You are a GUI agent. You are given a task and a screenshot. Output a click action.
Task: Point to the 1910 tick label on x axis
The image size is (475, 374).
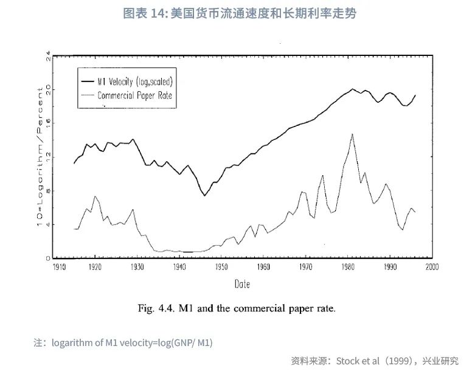[x=60, y=267]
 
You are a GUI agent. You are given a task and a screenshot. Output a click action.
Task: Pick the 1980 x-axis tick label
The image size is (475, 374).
[x=348, y=267]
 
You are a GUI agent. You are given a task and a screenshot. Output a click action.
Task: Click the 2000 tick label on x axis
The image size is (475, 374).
[x=432, y=267]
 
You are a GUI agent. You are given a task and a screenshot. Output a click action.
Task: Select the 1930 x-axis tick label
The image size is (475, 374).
[x=137, y=267]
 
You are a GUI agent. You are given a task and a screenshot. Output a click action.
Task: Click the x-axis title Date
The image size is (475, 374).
[x=242, y=284]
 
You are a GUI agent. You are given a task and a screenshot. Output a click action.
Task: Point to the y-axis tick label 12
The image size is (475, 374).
[x=48, y=158]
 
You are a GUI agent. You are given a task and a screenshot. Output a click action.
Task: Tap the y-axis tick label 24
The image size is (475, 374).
[x=48, y=57]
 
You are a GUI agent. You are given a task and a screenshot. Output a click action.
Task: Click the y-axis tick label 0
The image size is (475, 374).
[x=48, y=258]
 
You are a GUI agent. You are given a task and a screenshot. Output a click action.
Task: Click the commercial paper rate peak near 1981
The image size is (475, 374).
[x=352, y=134]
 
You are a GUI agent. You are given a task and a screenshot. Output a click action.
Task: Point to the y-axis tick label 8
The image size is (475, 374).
[x=48, y=191]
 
